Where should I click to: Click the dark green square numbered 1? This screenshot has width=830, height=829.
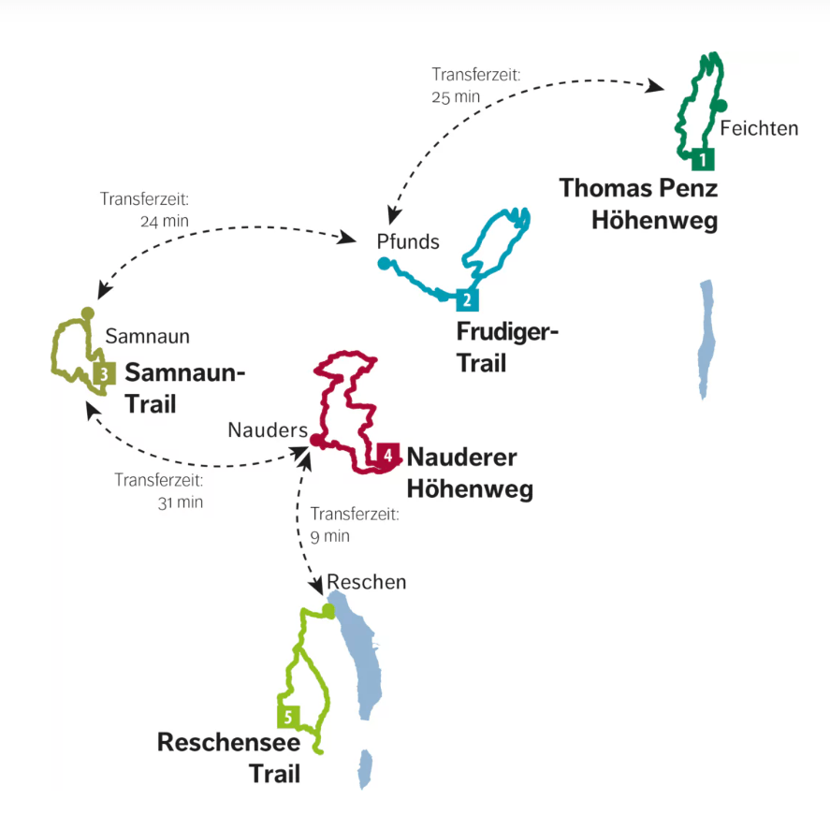tap(703, 159)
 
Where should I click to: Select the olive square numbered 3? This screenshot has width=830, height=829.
tap(104, 373)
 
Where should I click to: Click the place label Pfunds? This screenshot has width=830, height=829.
tap(408, 241)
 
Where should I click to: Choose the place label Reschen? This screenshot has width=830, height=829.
tap(367, 582)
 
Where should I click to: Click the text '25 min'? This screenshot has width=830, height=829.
tap(456, 97)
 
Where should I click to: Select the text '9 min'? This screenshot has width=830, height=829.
tap(328, 536)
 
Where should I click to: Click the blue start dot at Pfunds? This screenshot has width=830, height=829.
tap(383, 265)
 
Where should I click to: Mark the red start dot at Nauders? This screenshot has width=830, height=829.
tap(316, 440)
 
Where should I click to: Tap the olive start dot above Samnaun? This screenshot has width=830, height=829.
tap(87, 313)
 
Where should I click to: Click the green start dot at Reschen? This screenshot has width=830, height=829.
tap(328, 610)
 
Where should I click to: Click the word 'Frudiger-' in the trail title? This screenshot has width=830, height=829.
tap(506, 332)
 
